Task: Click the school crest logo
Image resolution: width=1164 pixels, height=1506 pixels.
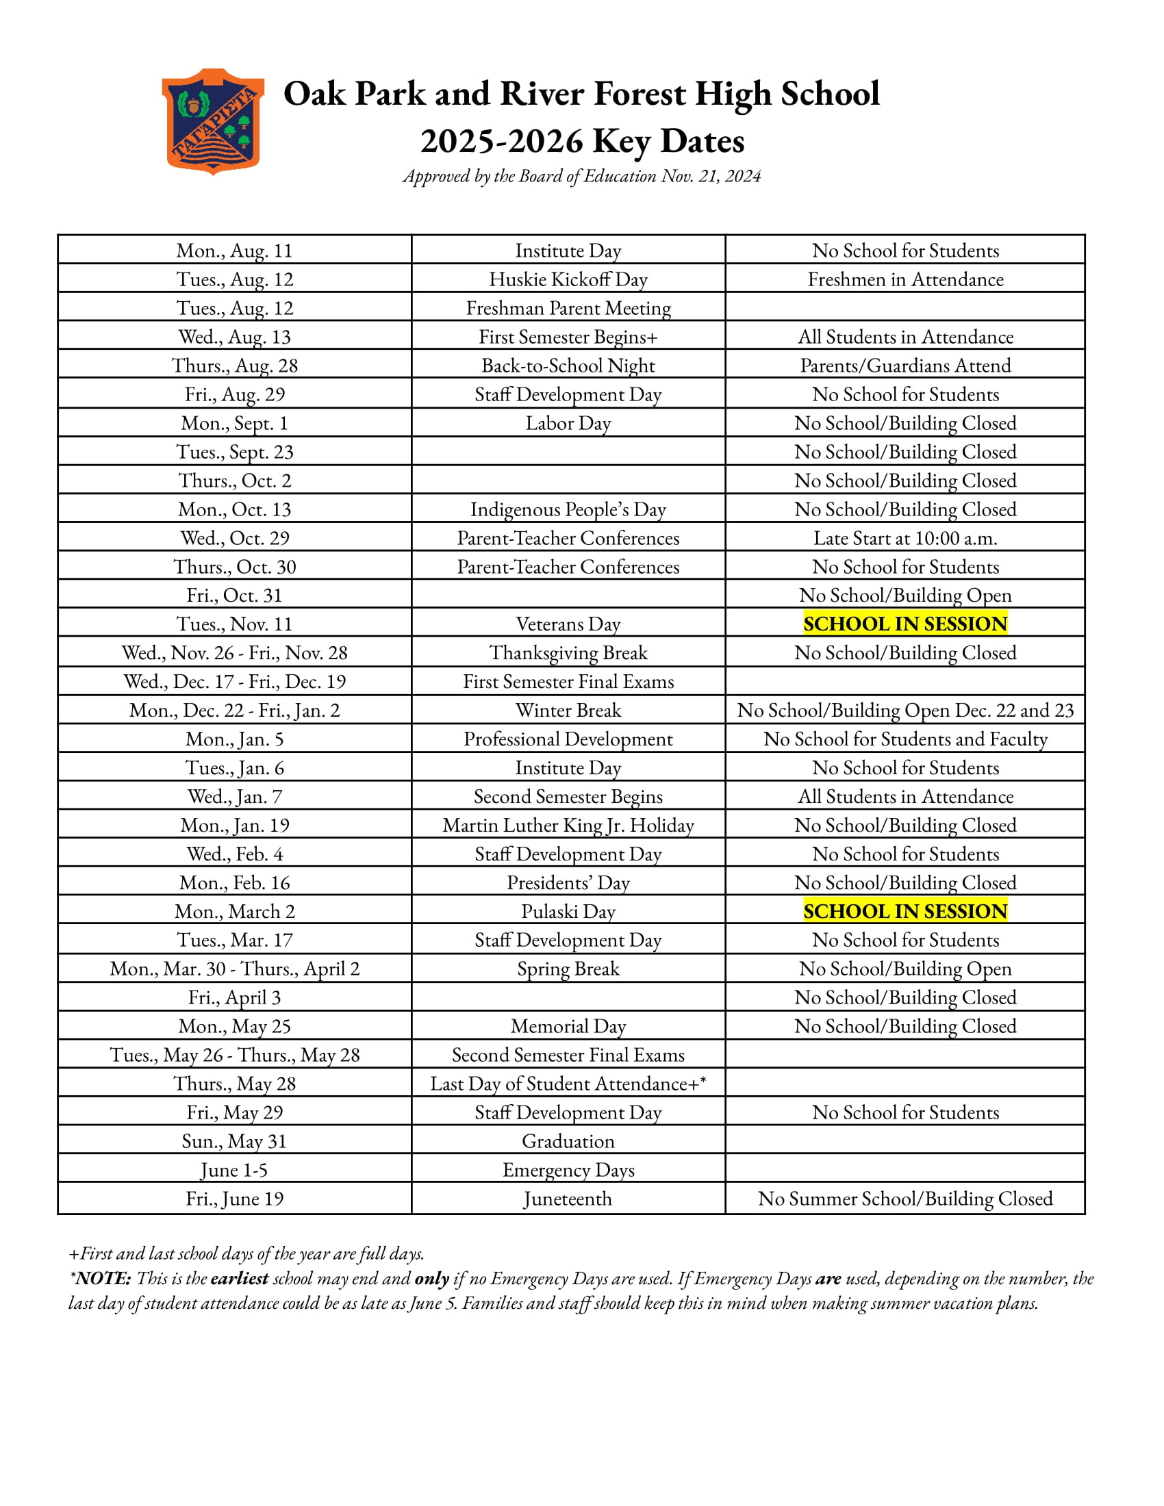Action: point(212,120)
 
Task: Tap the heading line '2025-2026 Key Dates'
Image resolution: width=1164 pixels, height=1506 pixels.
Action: point(582,142)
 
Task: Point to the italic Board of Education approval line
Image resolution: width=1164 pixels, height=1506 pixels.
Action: point(582,177)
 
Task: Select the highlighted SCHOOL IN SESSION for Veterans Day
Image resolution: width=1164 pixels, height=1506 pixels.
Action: point(904,624)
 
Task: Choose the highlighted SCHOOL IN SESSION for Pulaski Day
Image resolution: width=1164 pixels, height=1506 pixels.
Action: point(904,912)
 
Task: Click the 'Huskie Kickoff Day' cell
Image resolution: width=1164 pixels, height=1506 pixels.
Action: point(568,279)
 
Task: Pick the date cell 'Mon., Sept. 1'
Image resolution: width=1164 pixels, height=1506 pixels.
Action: point(234,423)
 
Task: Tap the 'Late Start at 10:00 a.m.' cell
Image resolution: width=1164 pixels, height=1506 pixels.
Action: point(904,538)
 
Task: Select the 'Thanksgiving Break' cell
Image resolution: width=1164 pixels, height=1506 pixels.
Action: point(568,653)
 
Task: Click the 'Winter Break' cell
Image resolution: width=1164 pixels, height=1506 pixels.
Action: point(568,711)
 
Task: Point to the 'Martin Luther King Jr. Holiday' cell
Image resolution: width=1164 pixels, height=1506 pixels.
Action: point(568,826)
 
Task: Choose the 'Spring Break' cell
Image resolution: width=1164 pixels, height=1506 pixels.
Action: point(568,969)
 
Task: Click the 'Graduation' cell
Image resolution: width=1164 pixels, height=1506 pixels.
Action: point(568,1141)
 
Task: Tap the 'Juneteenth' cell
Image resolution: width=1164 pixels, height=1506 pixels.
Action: point(568,1199)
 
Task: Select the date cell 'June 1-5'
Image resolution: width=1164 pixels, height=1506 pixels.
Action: point(234,1170)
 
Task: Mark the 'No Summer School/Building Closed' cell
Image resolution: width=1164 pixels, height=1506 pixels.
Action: point(904,1199)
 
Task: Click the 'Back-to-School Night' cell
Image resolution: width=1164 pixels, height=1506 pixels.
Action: point(568,366)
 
